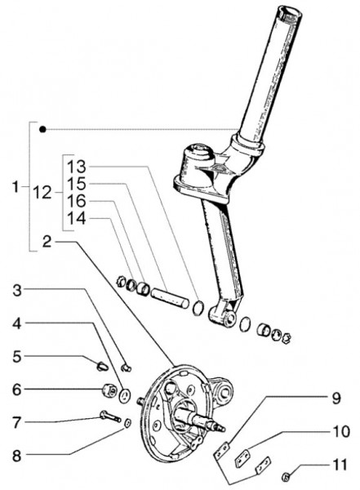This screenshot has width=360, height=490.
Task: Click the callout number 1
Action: point(16,187)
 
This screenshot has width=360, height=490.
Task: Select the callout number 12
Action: point(42,193)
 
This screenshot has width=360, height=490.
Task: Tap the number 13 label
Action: point(77,167)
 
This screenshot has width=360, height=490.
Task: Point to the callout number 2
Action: point(47,242)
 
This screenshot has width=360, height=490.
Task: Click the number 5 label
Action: point(17,357)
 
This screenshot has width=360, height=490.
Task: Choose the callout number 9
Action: point(336,399)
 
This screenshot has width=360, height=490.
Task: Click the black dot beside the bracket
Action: point(42,129)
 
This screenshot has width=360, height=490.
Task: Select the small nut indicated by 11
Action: point(287,476)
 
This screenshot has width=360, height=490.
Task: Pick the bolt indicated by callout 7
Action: point(110,416)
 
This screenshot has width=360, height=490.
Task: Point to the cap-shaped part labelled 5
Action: point(102,365)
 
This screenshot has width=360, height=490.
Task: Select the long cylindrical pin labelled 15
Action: point(170,299)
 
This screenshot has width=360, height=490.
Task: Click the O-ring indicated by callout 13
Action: point(198,308)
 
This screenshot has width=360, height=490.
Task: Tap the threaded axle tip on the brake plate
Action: point(221,428)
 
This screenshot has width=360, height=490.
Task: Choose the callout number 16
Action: point(77,201)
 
